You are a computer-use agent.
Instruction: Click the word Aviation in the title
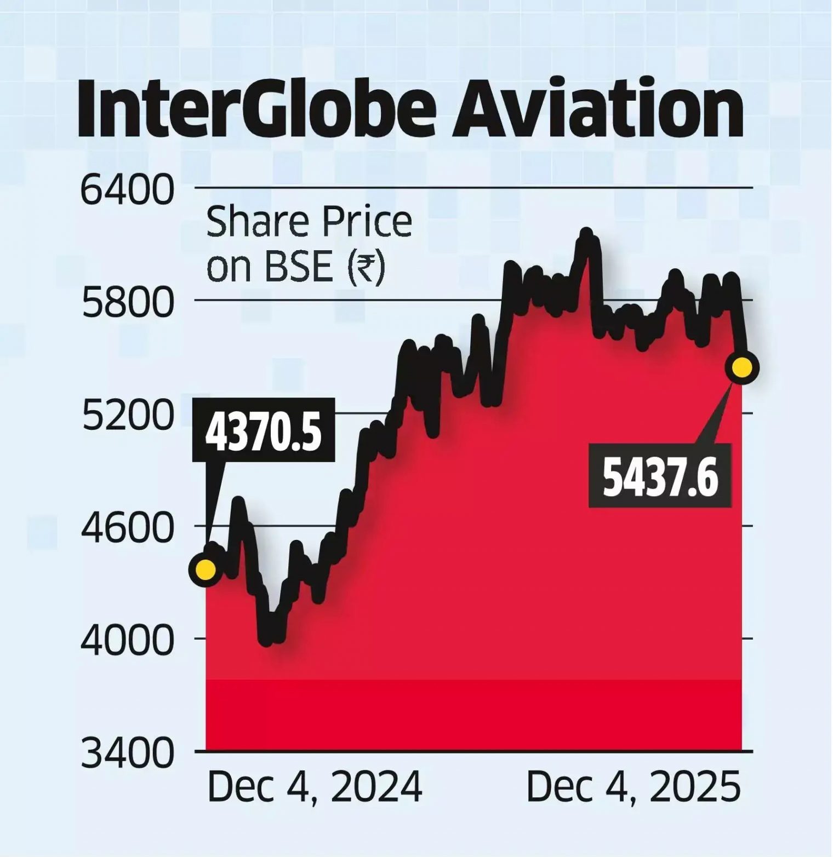coord(597,108)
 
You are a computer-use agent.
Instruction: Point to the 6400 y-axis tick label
coord(127,191)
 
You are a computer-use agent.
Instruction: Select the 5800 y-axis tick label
coord(127,303)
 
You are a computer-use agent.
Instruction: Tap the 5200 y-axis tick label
coord(127,416)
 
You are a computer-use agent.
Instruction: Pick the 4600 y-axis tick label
coord(127,529)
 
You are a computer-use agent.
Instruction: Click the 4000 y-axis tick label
coord(127,642)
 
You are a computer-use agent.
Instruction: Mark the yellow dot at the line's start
coord(206,570)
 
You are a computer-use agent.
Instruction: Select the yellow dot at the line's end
coord(742,367)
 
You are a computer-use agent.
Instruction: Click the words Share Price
coord(309,222)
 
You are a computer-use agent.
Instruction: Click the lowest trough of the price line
coord(266,640)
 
